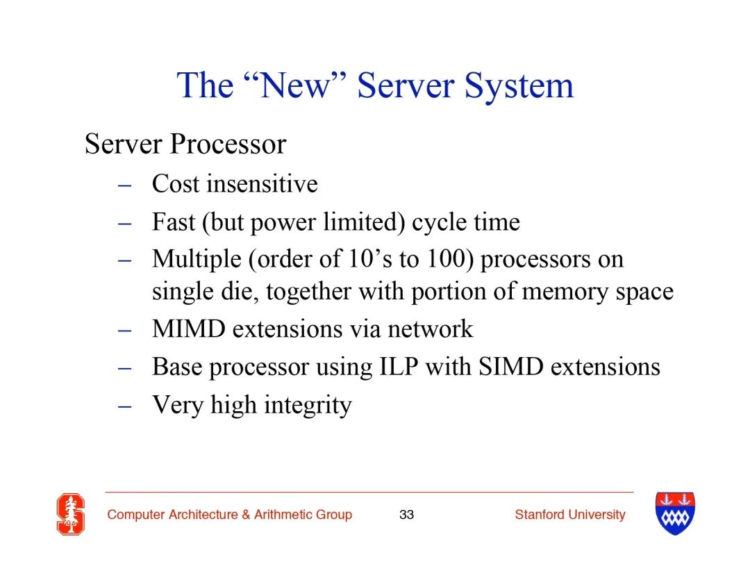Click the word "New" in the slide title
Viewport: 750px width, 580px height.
click(x=295, y=85)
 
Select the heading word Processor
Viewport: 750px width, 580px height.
click(x=228, y=144)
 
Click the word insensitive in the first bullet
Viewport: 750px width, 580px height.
click(x=262, y=183)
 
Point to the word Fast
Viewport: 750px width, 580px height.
click(x=173, y=222)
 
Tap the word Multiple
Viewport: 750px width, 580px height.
click(x=197, y=259)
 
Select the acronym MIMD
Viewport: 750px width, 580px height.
click(x=188, y=329)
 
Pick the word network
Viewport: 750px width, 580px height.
click(x=430, y=329)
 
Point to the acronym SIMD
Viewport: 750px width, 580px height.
click(x=511, y=367)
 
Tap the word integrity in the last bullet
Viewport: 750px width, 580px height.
click(x=308, y=406)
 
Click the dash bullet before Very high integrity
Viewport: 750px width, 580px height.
click(x=124, y=407)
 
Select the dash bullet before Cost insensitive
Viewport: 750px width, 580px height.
click(x=124, y=185)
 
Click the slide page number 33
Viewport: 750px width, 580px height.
click(x=406, y=515)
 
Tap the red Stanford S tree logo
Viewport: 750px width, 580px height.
click(x=71, y=514)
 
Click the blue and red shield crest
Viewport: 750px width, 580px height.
click(x=675, y=513)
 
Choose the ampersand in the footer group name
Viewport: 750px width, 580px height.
click(x=246, y=515)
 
